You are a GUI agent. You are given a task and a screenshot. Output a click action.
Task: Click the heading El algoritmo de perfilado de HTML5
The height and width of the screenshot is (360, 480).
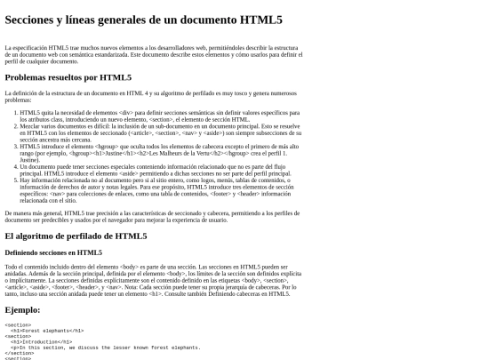tap(76, 236)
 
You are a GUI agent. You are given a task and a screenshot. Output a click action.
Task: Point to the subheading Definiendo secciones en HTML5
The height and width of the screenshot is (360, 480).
tap(53, 252)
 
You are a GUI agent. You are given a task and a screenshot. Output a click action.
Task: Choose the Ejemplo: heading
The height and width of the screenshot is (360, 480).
tap(22, 309)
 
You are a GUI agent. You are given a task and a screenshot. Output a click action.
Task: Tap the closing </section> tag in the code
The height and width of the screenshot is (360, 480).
tap(19, 353)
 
